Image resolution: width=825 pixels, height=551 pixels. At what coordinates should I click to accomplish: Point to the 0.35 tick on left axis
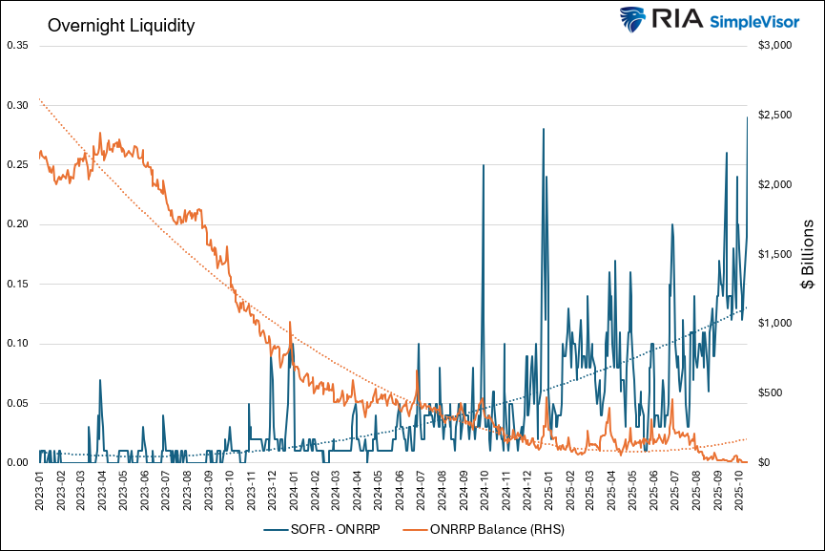18,45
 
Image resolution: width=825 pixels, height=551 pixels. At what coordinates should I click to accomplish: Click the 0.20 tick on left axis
18,224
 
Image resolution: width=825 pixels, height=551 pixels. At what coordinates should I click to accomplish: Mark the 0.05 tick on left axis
18,403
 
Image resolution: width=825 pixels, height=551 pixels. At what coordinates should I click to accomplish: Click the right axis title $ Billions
807,254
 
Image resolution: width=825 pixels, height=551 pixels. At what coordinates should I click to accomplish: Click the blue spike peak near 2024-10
484,165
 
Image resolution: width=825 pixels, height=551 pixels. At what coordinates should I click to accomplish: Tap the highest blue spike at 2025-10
747,117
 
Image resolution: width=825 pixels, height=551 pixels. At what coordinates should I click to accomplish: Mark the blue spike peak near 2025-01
543,129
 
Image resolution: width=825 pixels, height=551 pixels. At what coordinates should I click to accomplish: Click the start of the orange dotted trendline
40,99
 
